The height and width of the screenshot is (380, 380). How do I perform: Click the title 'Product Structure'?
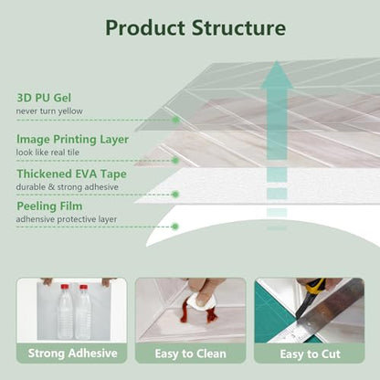(195, 28)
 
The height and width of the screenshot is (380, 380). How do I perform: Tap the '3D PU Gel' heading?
(44, 98)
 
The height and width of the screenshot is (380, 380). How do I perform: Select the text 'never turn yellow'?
(49, 111)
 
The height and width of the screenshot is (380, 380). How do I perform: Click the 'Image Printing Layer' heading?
(72, 140)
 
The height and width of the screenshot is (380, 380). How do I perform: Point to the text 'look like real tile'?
(47, 153)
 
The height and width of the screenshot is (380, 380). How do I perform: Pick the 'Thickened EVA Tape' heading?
(71, 174)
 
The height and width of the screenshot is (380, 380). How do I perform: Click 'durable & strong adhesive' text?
(68, 187)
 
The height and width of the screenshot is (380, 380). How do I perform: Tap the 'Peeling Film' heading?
(49, 206)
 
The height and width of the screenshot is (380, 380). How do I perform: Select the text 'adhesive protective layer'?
(67, 219)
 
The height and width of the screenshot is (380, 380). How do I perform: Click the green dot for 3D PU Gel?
(175, 120)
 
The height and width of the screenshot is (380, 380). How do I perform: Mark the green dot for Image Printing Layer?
(175, 161)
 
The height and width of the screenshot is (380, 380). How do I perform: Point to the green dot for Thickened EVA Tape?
(175, 195)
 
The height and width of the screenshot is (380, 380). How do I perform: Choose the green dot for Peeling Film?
(174, 227)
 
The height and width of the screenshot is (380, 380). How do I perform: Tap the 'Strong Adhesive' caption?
(72, 354)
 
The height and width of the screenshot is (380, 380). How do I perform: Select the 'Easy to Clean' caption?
(191, 354)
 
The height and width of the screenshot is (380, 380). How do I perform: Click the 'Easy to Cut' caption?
(310, 354)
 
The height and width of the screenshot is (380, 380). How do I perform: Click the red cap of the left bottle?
(65, 287)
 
